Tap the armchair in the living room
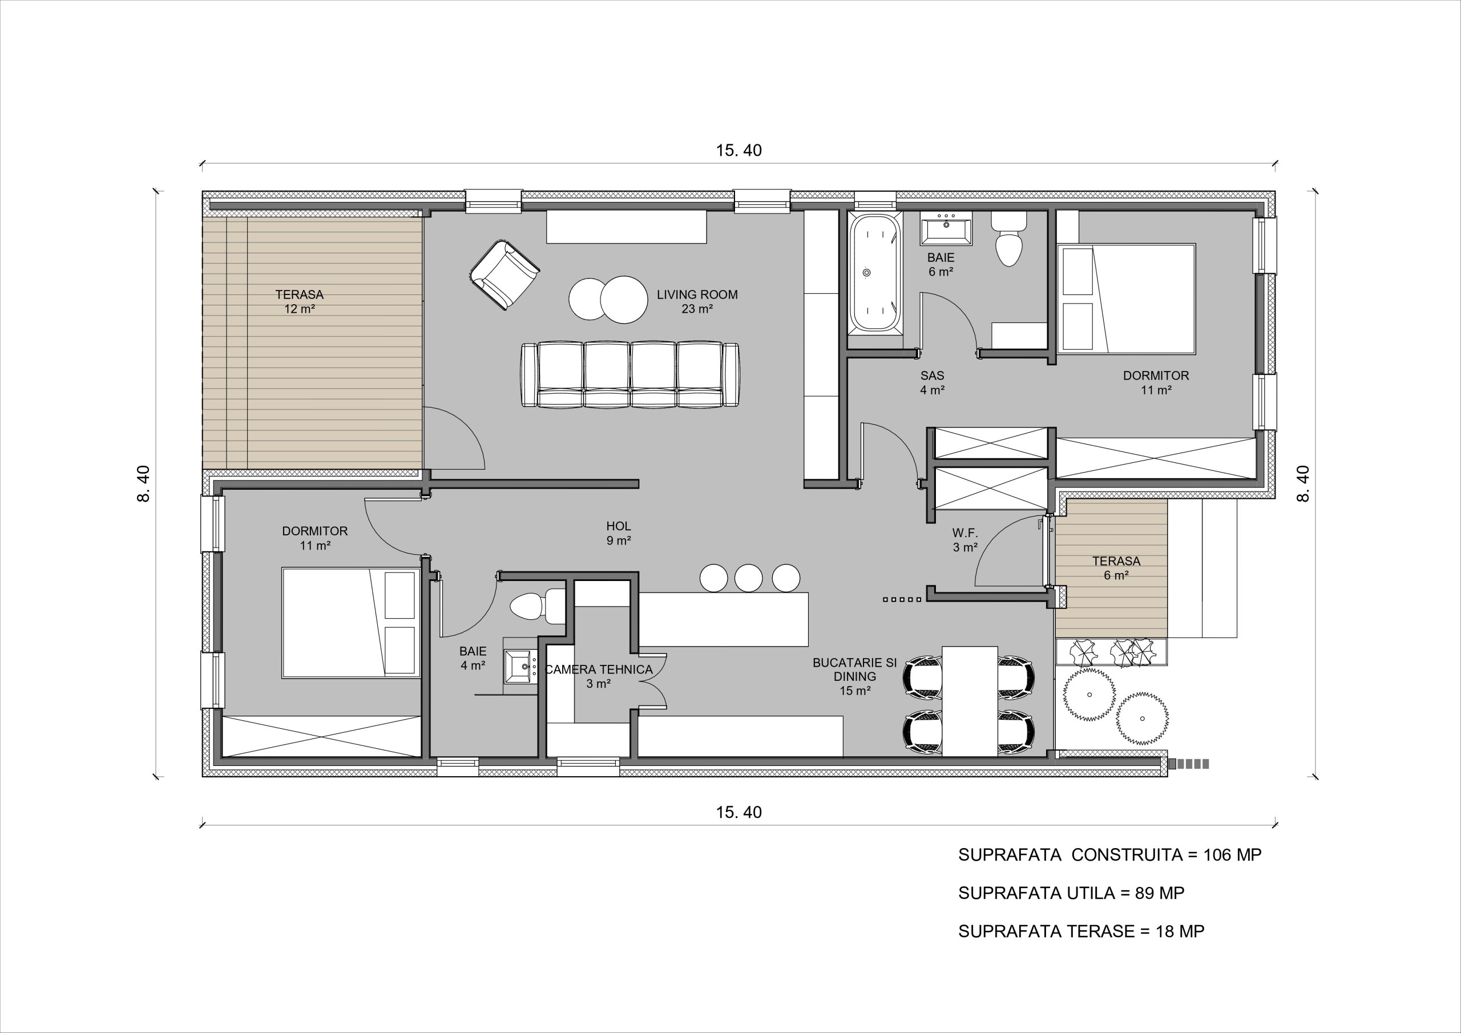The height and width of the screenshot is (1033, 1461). click(x=505, y=275)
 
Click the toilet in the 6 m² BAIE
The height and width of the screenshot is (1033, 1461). click(x=1008, y=239)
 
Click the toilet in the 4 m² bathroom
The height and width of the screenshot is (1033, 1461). click(x=536, y=607)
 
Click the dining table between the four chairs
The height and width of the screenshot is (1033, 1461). click(x=969, y=701)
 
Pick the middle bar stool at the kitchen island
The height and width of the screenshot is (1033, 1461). click(x=748, y=578)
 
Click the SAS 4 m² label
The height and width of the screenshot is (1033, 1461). click(x=932, y=382)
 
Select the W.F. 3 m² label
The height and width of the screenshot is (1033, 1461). click(x=964, y=540)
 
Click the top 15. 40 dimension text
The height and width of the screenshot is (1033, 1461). click(x=738, y=150)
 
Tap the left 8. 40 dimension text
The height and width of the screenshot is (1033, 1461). click(x=144, y=484)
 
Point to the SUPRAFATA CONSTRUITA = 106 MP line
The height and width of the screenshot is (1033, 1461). click(x=1110, y=855)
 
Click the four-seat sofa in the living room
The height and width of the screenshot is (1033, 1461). click(x=630, y=375)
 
